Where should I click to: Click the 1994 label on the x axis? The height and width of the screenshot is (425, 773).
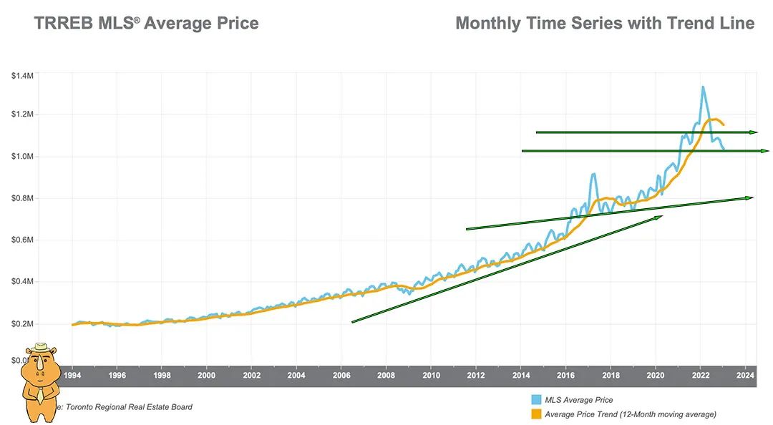(72, 375)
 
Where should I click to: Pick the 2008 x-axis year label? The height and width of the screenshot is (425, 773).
(386, 375)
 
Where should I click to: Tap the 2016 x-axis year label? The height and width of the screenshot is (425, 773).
(566, 375)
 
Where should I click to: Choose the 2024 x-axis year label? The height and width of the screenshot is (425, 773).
(745, 375)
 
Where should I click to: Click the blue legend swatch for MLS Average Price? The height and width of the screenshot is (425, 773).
(535, 400)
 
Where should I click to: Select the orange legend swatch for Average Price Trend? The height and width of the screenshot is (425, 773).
(535, 414)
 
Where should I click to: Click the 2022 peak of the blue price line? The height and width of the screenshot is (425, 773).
(702, 87)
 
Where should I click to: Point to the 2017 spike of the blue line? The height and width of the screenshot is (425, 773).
(593, 174)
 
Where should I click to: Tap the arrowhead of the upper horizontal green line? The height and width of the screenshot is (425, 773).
(753, 132)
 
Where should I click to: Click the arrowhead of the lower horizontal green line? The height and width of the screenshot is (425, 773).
(764, 151)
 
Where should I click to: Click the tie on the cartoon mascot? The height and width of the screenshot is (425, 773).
(42, 391)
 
